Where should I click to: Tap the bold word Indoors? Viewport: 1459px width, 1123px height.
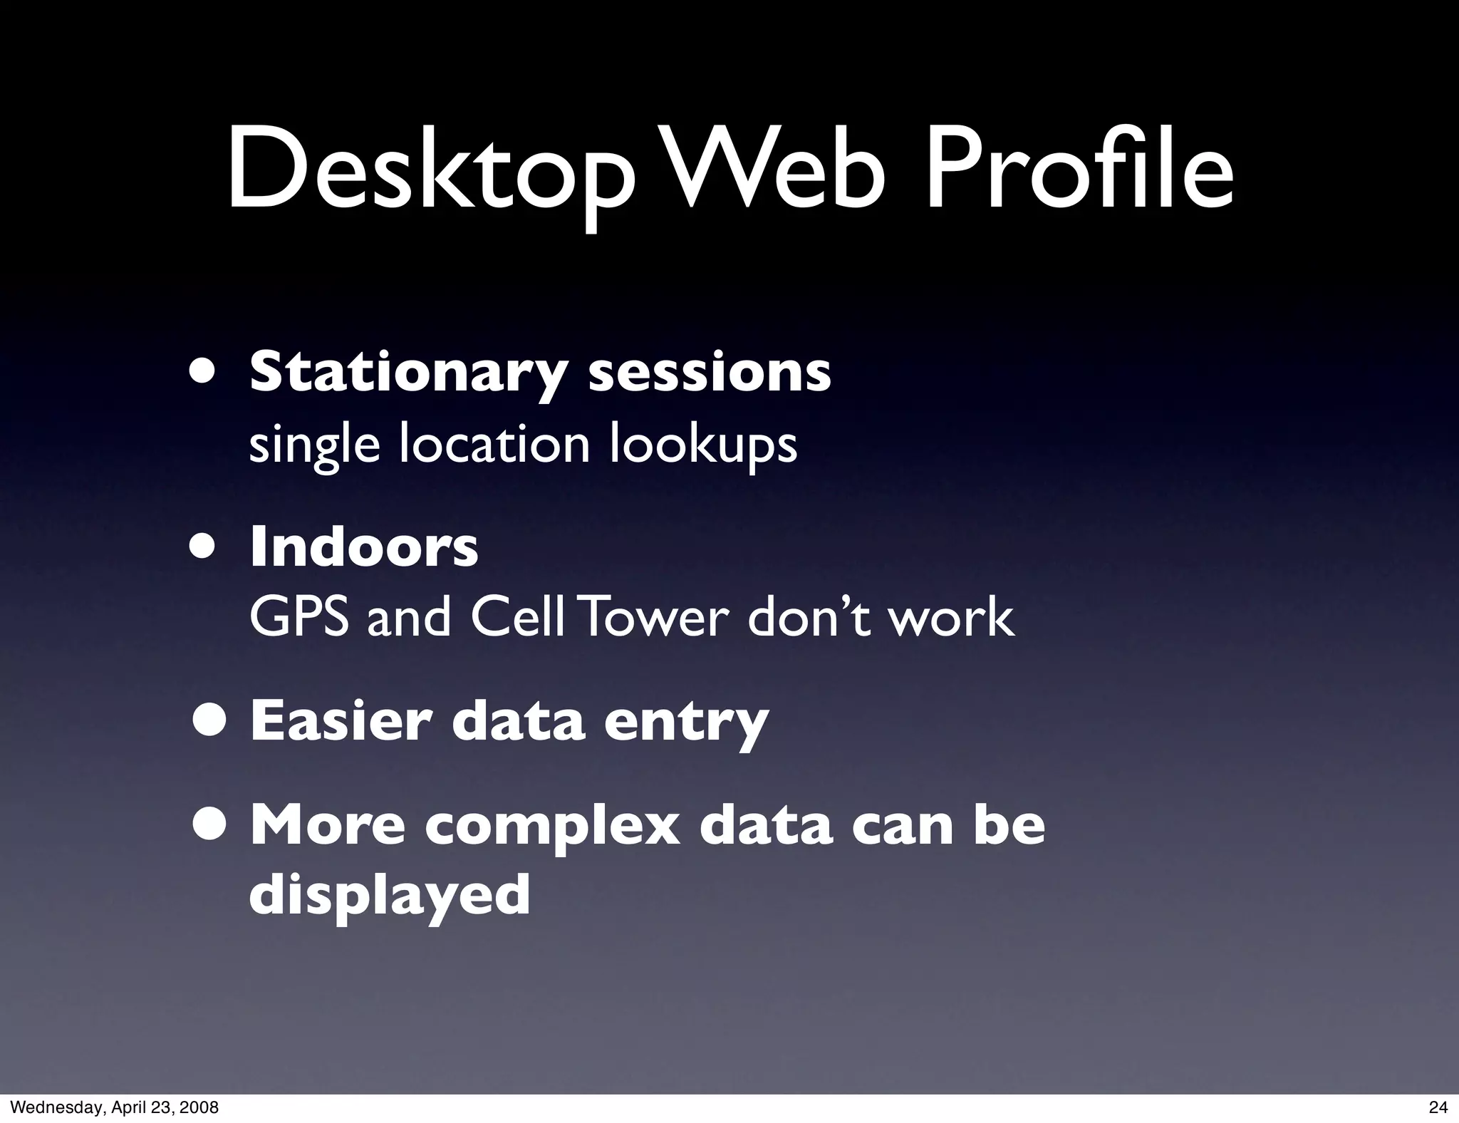[364, 547]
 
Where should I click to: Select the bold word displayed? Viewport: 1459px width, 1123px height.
[390, 897]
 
